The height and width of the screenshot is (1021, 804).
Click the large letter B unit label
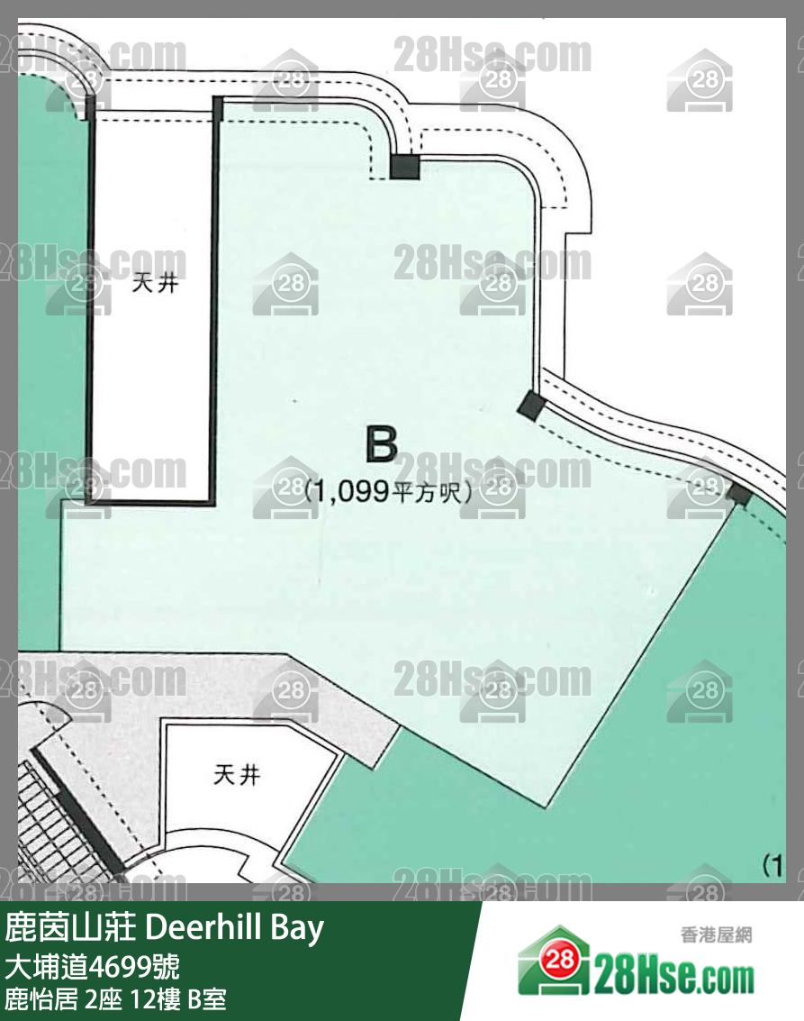(381, 445)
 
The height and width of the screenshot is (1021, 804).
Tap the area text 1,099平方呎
(389, 490)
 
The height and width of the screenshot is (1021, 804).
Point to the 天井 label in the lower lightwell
(237, 775)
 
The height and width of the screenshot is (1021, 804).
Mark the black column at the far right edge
(739, 494)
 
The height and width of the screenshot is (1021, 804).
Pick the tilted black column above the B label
(531, 406)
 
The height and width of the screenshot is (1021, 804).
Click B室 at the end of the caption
(206, 999)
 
